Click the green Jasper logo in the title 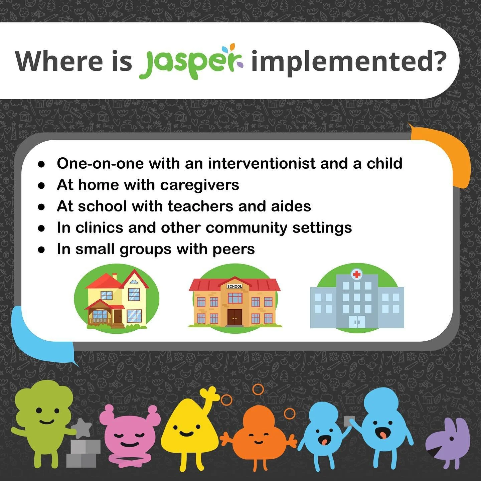[191, 62]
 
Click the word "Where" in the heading [59, 61]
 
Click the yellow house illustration [117, 299]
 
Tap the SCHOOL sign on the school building [234, 286]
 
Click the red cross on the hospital [357, 275]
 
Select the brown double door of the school [234, 317]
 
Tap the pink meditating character [129, 434]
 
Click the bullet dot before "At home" [41, 186]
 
